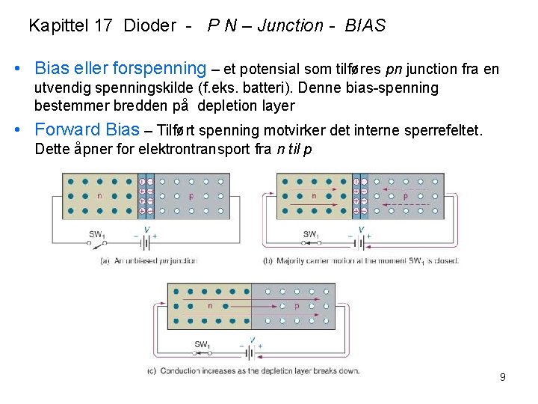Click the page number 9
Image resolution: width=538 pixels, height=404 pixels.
coord(503,377)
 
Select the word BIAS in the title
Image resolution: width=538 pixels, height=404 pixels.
coord(365,26)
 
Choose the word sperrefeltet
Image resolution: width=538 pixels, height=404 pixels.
coord(443,132)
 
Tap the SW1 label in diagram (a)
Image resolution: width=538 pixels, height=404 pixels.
coord(97,234)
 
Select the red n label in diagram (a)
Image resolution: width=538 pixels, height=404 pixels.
coord(99,197)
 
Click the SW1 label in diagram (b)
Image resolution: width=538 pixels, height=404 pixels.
coord(310,234)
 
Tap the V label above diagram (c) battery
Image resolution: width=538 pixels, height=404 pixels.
coord(252,339)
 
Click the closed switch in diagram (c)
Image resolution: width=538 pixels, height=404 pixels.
coord(202,352)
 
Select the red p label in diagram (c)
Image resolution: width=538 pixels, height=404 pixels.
coord(297,305)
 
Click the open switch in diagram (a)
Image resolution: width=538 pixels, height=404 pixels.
coord(97,243)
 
